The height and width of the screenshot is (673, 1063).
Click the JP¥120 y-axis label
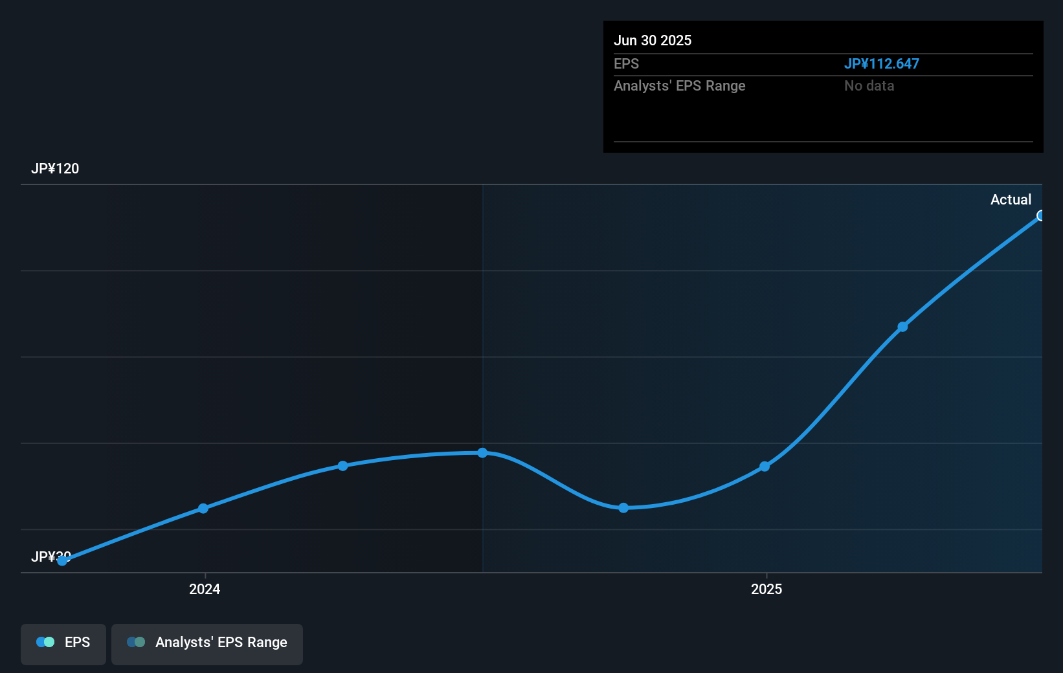[55, 169]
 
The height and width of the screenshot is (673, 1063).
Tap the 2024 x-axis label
[205, 589]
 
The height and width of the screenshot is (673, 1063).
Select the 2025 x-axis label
[766, 589]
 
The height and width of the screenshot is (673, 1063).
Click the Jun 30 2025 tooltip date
[653, 40]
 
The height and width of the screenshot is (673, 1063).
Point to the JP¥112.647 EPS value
[881, 64]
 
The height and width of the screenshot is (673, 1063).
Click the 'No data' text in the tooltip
[869, 86]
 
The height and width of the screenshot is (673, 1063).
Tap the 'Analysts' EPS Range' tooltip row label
[679, 86]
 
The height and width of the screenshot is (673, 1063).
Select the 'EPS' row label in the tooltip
[626, 64]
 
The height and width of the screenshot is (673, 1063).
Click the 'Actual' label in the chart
[1011, 199]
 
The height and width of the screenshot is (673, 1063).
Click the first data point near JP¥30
[62, 560]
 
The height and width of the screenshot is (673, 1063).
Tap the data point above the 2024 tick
[203, 509]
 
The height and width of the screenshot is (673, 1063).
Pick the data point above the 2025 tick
[765, 466]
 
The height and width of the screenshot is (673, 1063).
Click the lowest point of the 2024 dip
[623, 508]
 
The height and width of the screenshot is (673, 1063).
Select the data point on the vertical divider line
[482, 453]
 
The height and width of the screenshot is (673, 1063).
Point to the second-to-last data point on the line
[902, 327]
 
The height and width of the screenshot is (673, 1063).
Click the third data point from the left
[343, 466]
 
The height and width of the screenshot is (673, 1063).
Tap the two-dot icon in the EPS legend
[45, 642]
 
